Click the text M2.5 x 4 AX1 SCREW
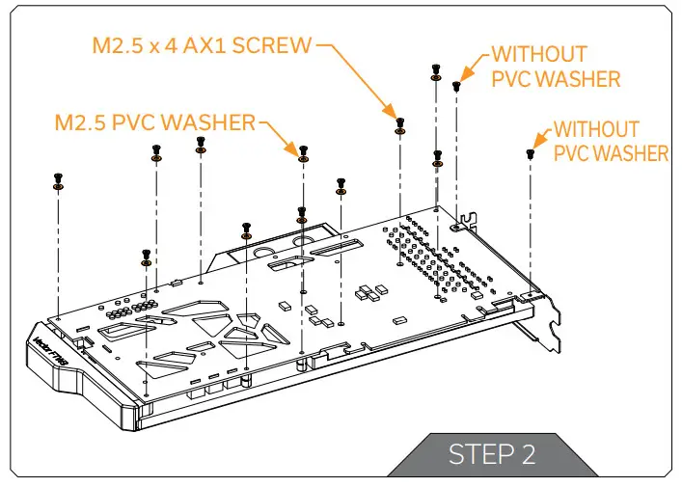(x=203, y=45)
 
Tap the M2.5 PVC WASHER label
(x=155, y=122)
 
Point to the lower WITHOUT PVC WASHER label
(x=610, y=141)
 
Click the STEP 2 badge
(x=491, y=453)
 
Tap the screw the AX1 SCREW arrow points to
(x=399, y=124)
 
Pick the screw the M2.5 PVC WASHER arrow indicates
(x=304, y=152)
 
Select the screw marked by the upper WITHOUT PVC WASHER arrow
(x=456, y=86)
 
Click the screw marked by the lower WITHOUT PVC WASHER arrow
(x=530, y=153)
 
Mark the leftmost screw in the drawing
(x=58, y=179)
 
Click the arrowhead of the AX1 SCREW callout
(x=394, y=113)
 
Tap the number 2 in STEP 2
(x=528, y=453)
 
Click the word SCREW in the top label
(x=279, y=45)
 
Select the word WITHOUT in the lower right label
(x=596, y=129)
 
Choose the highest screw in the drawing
(x=436, y=69)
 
